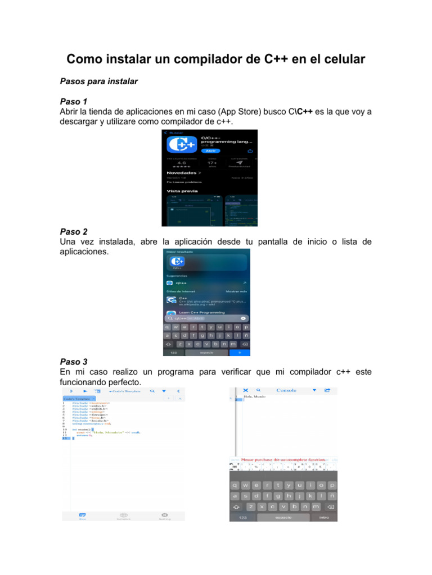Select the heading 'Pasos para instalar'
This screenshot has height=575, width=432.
[x=98, y=81]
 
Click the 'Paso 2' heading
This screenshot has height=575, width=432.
[x=74, y=231]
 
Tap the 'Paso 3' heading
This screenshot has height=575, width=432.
[x=74, y=362]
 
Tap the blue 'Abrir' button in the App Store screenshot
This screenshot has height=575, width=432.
[x=210, y=150]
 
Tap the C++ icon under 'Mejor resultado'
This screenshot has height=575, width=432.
[x=178, y=262]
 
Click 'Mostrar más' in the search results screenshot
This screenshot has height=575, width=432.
[x=236, y=291]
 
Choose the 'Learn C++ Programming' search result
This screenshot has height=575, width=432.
[x=201, y=312]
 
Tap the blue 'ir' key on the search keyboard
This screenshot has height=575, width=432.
[x=240, y=353]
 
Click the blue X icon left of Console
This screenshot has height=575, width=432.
[x=245, y=390]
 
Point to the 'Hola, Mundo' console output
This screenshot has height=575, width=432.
[x=254, y=396]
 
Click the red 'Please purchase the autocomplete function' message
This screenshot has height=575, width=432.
[x=283, y=459]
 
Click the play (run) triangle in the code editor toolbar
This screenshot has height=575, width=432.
[x=85, y=390]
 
